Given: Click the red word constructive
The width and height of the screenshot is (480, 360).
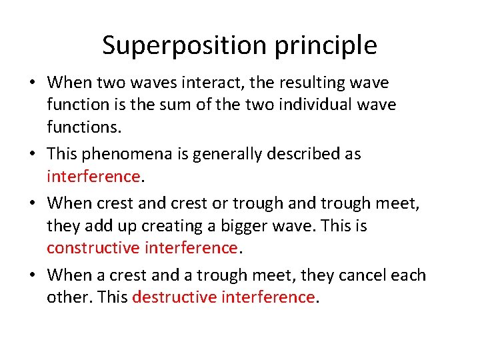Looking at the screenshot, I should (93, 248).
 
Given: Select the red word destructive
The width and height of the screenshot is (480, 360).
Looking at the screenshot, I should (174, 297).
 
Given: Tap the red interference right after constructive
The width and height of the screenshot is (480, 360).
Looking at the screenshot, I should (191, 248).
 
